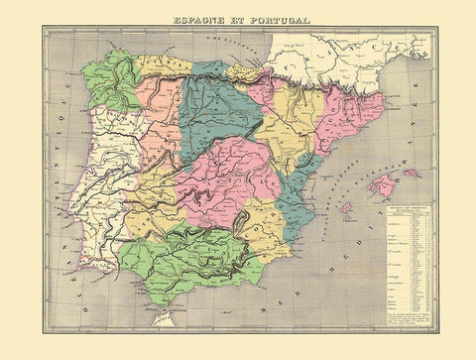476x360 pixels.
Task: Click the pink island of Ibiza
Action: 346,209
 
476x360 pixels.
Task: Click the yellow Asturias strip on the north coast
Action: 164,65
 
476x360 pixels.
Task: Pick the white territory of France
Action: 347,55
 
